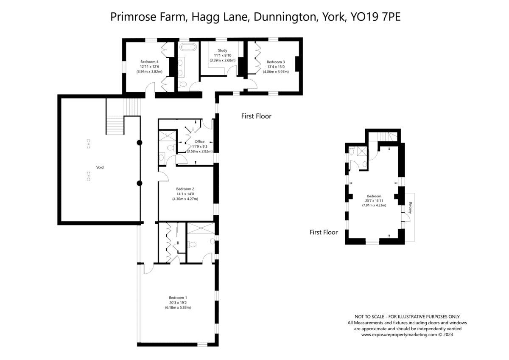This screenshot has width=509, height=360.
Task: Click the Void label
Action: tap(100, 167)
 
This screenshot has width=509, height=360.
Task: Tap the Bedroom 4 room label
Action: tap(149, 62)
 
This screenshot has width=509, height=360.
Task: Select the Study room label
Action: tap(222, 50)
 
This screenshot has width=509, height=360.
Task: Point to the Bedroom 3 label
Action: tap(276, 62)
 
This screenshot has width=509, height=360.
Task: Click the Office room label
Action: tap(199, 141)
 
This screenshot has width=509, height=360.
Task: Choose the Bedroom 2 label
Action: tap(185, 189)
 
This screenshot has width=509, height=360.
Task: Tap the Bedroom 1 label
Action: tap(178, 298)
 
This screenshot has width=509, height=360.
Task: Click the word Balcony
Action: tap(411, 208)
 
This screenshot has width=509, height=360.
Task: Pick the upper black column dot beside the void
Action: tap(140, 143)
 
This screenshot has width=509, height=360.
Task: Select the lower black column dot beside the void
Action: tap(140, 183)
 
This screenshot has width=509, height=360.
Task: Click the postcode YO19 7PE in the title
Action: tap(376, 17)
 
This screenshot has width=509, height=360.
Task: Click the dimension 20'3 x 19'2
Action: tap(178, 303)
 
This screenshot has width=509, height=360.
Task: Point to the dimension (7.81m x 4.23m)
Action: tap(374, 205)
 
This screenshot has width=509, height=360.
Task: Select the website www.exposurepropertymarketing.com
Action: tap(399, 335)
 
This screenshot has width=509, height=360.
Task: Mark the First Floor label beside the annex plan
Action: tap(324, 232)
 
